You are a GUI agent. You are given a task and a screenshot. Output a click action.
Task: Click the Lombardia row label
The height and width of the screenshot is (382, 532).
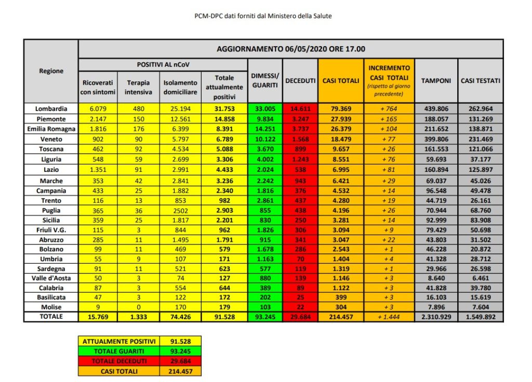51,109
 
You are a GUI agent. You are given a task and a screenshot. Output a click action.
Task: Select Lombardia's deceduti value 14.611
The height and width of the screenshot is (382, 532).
301,109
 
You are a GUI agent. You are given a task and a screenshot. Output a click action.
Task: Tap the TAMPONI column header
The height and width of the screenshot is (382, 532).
436,81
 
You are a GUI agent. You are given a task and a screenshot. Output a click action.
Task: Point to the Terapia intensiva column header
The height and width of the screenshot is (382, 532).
138,87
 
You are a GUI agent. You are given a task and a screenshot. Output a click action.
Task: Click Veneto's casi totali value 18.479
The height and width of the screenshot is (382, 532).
341,139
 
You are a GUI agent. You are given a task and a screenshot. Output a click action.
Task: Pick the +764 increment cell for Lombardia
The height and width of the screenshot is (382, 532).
389,109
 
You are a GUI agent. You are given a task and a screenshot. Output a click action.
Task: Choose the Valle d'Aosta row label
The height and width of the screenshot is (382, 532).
51,278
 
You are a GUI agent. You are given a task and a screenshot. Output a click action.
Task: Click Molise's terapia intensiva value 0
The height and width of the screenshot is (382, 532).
138,307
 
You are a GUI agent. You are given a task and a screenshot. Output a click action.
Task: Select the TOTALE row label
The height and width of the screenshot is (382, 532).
51,317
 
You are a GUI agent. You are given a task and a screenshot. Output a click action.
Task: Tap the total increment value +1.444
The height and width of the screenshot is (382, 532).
389,317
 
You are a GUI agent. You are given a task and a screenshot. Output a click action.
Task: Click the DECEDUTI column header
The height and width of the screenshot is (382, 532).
301,81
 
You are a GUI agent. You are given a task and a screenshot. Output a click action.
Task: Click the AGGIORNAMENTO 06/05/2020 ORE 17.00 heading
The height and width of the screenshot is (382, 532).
290,49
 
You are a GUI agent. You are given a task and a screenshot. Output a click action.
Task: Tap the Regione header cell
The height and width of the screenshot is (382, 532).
51,71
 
